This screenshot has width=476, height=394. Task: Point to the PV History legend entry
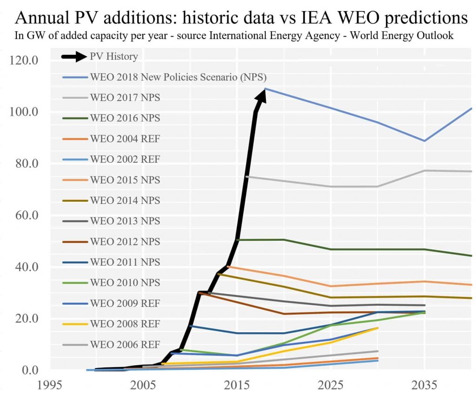114,56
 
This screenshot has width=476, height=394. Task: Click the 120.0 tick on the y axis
23,60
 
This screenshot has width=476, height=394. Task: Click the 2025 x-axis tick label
331,385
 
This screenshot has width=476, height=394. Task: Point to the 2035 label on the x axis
424,385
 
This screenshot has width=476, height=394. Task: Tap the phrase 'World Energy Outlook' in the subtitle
404,35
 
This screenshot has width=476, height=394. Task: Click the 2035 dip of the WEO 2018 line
424,141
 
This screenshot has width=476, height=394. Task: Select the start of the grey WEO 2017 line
246,177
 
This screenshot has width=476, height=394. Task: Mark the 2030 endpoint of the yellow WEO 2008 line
377,328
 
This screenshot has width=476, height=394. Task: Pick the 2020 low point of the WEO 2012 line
284,314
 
